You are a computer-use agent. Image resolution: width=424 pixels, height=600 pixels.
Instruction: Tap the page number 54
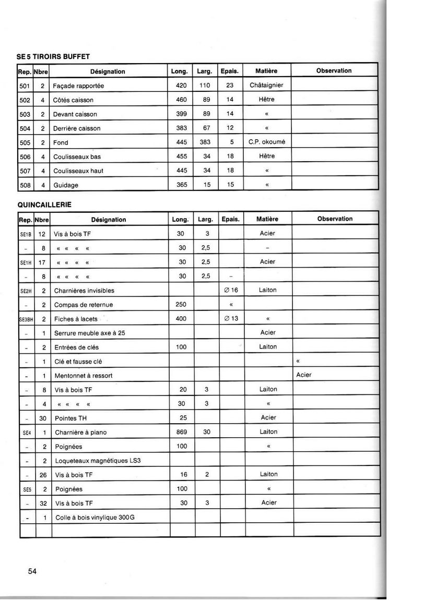32,571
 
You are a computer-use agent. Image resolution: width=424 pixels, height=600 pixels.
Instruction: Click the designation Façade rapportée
79,86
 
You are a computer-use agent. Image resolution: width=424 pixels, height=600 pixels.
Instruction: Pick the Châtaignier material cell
266,85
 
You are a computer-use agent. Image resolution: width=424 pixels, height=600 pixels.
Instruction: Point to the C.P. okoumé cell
266,142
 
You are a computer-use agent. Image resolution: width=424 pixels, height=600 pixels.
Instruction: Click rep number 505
25,142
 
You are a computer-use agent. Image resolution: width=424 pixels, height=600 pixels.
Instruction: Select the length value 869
181,432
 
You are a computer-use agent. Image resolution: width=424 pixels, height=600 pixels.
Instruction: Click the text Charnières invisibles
84,291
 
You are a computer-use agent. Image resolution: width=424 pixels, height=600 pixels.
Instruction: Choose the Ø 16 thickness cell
230,290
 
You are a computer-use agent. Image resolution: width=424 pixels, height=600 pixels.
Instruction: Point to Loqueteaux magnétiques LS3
98,461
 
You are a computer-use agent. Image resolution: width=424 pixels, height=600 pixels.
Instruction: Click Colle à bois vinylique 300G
94,518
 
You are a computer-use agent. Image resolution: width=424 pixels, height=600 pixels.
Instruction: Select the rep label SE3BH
26,319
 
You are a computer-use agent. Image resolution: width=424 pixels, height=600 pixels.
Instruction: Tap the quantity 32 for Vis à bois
44,503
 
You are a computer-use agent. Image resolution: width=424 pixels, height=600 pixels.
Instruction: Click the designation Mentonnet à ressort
83,376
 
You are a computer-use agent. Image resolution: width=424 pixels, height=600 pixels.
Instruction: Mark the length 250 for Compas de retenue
181,304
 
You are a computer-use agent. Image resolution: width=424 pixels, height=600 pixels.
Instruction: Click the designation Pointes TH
70,418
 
